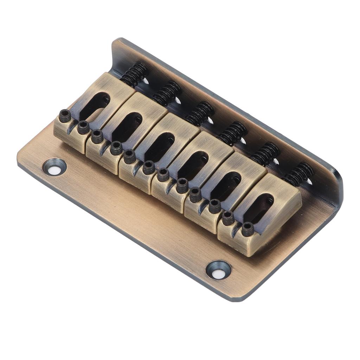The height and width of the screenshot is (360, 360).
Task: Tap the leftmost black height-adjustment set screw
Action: click(x=65, y=116)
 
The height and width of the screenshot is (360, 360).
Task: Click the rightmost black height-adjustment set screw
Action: click(x=248, y=229)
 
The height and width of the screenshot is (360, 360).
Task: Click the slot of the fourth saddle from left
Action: click(x=193, y=166)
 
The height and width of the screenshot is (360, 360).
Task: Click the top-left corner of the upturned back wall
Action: click(x=116, y=40)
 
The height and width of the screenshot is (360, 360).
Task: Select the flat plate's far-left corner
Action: click(x=19, y=155)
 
